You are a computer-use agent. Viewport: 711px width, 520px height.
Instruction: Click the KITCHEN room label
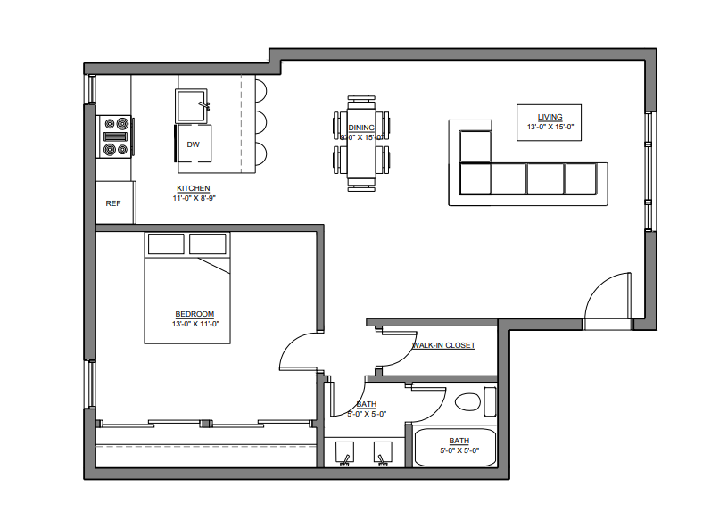coord(193,188)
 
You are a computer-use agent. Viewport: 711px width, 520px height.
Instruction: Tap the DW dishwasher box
coord(193,144)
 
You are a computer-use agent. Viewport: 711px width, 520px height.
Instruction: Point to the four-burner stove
coord(115,136)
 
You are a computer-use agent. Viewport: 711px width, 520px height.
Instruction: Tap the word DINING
coord(361,128)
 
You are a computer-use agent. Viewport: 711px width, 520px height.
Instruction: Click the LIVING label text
coord(550,117)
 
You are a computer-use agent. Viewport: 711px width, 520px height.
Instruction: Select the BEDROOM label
coord(194,314)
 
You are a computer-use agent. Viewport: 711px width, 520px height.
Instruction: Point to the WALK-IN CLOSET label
coord(442,345)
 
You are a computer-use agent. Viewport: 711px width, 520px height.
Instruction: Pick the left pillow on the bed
coord(165,243)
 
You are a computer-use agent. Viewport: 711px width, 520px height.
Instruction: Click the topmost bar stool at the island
coord(260,90)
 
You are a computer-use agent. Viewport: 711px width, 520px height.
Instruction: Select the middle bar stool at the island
coord(260,120)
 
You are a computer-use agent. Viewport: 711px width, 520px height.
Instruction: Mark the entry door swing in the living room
coord(608,296)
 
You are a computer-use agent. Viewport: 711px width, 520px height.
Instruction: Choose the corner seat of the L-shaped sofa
coord(475,177)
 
